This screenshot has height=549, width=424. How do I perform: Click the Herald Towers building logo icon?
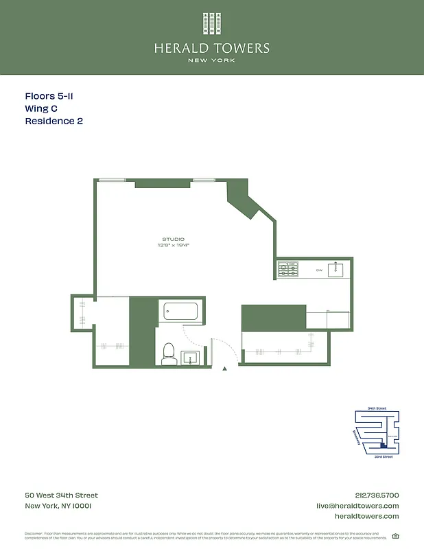pyautogui.click(x=211, y=24)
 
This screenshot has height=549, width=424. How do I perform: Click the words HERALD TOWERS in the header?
pyautogui.click(x=211, y=48)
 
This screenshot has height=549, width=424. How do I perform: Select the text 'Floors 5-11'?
pyautogui.click(x=49, y=97)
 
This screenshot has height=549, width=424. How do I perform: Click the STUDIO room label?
pyautogui.click(x=173, y=239)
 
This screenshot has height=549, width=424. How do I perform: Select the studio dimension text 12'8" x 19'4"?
pyautogui.click(x=173, y=245)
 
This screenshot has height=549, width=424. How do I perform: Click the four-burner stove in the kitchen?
pyautogui.click(x=288, y=269)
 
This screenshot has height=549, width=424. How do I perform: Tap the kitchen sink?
pyautogui.click(x=335, y=270)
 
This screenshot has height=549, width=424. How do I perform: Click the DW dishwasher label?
pyautogui.click(x=319, y=270)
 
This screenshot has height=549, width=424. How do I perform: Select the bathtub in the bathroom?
pyautogui.click(x=182, y=313)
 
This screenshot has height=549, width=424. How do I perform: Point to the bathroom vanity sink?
pyautogui.click(x=190, y=358)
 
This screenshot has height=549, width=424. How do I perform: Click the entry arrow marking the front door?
pyautogui.click(x=224, y=369)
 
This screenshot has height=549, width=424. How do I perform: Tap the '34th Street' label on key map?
pyautogui.click(x=377, y=408)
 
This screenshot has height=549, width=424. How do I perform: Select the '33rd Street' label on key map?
pyautogui.click(x=383, y=457)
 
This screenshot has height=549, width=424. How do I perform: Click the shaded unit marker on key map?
pyautogui.click(x=384, y=445)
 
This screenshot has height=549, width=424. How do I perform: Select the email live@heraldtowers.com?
pyautogui.click(x=357, y=506)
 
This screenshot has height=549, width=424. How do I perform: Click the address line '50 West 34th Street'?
pyautogui.click(x=62, y=495)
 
